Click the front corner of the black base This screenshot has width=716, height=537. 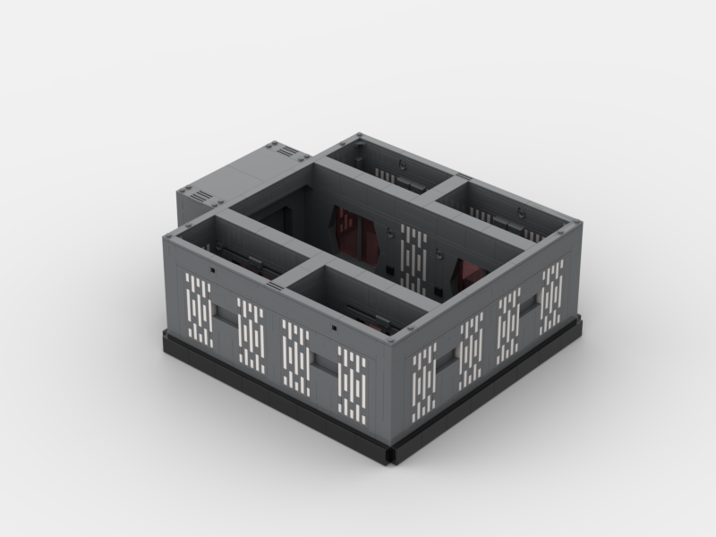389,456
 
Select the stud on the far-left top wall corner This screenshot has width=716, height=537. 171,233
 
